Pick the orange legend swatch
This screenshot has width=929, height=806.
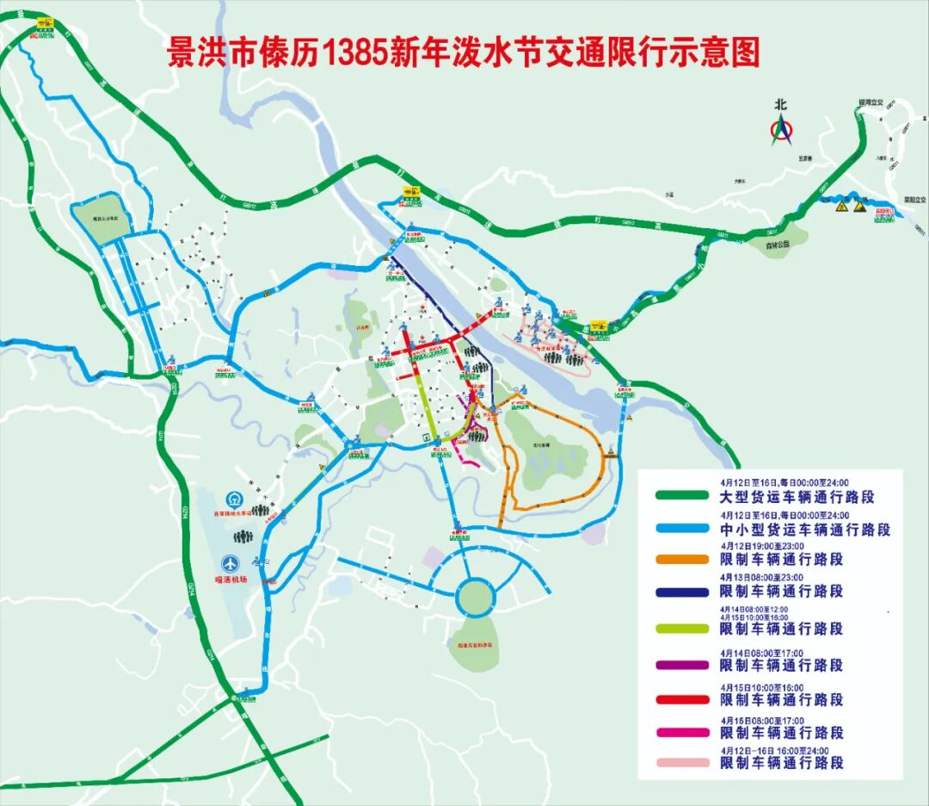coord(682,560)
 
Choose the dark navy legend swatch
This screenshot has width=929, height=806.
coord(682,592)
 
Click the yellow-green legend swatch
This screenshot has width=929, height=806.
coord(682,629)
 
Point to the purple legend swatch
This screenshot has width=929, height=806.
coord(682,665)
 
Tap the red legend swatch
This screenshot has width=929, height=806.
coord(682,700)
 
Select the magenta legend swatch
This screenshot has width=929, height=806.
coord(682,733)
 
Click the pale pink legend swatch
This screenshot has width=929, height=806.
coord(682,763)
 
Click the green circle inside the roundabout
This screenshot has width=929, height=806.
coord(476,595)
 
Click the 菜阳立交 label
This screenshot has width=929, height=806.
coord(914,200)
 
